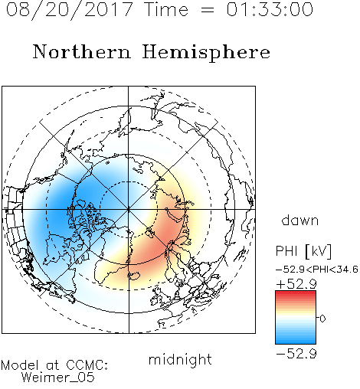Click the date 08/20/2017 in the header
(x=69, y=10)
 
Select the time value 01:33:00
(x=270, y=9)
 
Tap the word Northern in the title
(x=82, y=51)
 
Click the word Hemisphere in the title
(x=206, y=53)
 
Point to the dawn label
(x=300, y=220)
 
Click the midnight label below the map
(x=180, y=359)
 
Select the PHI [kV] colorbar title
(x=303, y=251)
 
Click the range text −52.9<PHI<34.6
(x=316, y=270)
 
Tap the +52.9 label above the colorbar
(x=296, y=284)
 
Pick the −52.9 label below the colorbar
(x=296, y=354)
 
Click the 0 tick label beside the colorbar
(x=322, y=319)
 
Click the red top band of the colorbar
(x=296, y=293)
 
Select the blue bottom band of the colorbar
(x=296, y=341)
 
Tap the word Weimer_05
(x=58, y=377)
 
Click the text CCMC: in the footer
(x=87, y=365)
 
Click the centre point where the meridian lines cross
(x=129, y=209)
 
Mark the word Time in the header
(x=166, y=9)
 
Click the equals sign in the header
(x=208, y=10)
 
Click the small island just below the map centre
(x=149, y=234)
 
